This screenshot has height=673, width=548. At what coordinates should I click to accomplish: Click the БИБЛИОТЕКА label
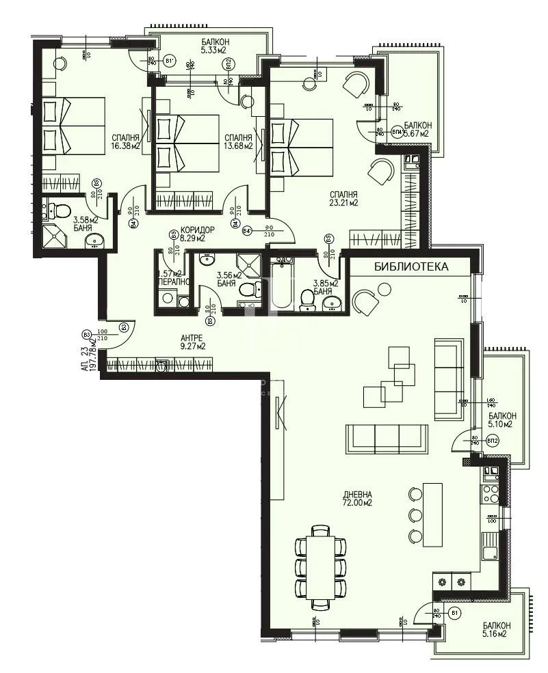pos(411,267)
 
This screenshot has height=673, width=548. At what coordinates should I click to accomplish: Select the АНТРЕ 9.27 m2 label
pos(193,342)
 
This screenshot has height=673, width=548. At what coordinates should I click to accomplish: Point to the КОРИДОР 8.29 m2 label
pos(196,234)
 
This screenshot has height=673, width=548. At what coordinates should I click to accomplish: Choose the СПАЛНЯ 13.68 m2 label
pos(238,141)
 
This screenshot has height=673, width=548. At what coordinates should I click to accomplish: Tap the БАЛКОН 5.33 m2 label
pos(215,46)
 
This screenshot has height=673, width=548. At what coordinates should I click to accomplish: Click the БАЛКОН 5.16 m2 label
pos(495,629)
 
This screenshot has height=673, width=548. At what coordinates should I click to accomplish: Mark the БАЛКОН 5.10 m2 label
pos(502,420)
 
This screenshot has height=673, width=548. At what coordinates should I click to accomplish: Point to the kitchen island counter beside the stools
pos(432,514)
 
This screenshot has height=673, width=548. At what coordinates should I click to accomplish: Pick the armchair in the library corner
pos(365,301)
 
